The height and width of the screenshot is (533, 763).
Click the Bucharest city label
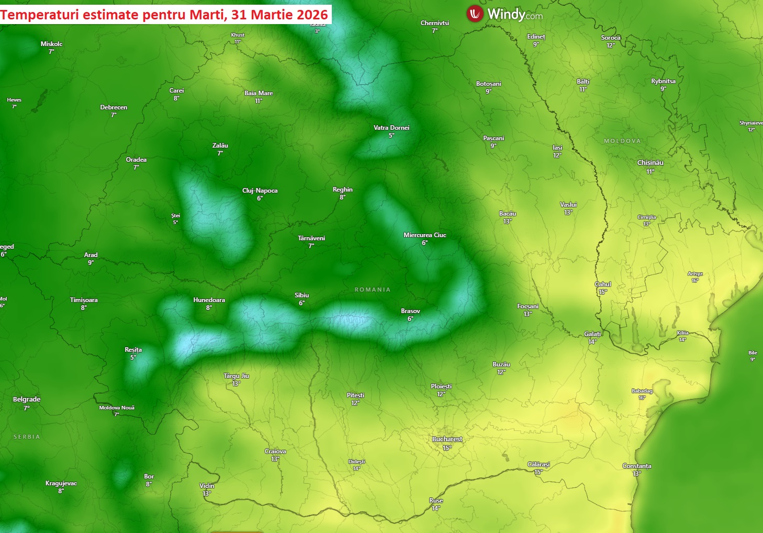(447, 439)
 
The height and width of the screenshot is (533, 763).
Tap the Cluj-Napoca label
(260, 191)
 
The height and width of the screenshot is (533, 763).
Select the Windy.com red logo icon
(475, 14)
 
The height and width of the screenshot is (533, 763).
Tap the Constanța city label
(636, 466)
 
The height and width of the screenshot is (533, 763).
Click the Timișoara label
(84, 300)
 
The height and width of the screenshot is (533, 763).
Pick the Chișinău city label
(650, 163)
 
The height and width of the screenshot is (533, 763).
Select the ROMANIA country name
(373, 290)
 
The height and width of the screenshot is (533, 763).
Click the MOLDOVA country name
(622, 141)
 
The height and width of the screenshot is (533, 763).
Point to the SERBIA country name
(27, 437)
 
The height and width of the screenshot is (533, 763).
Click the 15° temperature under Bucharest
(447, 448)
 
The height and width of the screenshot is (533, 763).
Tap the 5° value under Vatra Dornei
(391, 136)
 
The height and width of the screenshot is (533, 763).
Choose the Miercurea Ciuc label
(425, 235)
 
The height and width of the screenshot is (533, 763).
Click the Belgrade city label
(27, 399)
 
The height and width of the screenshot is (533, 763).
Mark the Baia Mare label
(259, 93)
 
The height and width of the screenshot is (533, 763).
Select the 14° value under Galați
(592, 342)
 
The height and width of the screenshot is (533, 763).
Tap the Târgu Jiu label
(236, 376)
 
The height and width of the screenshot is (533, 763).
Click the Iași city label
(557, 148)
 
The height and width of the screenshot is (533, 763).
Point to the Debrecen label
(114, 107)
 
